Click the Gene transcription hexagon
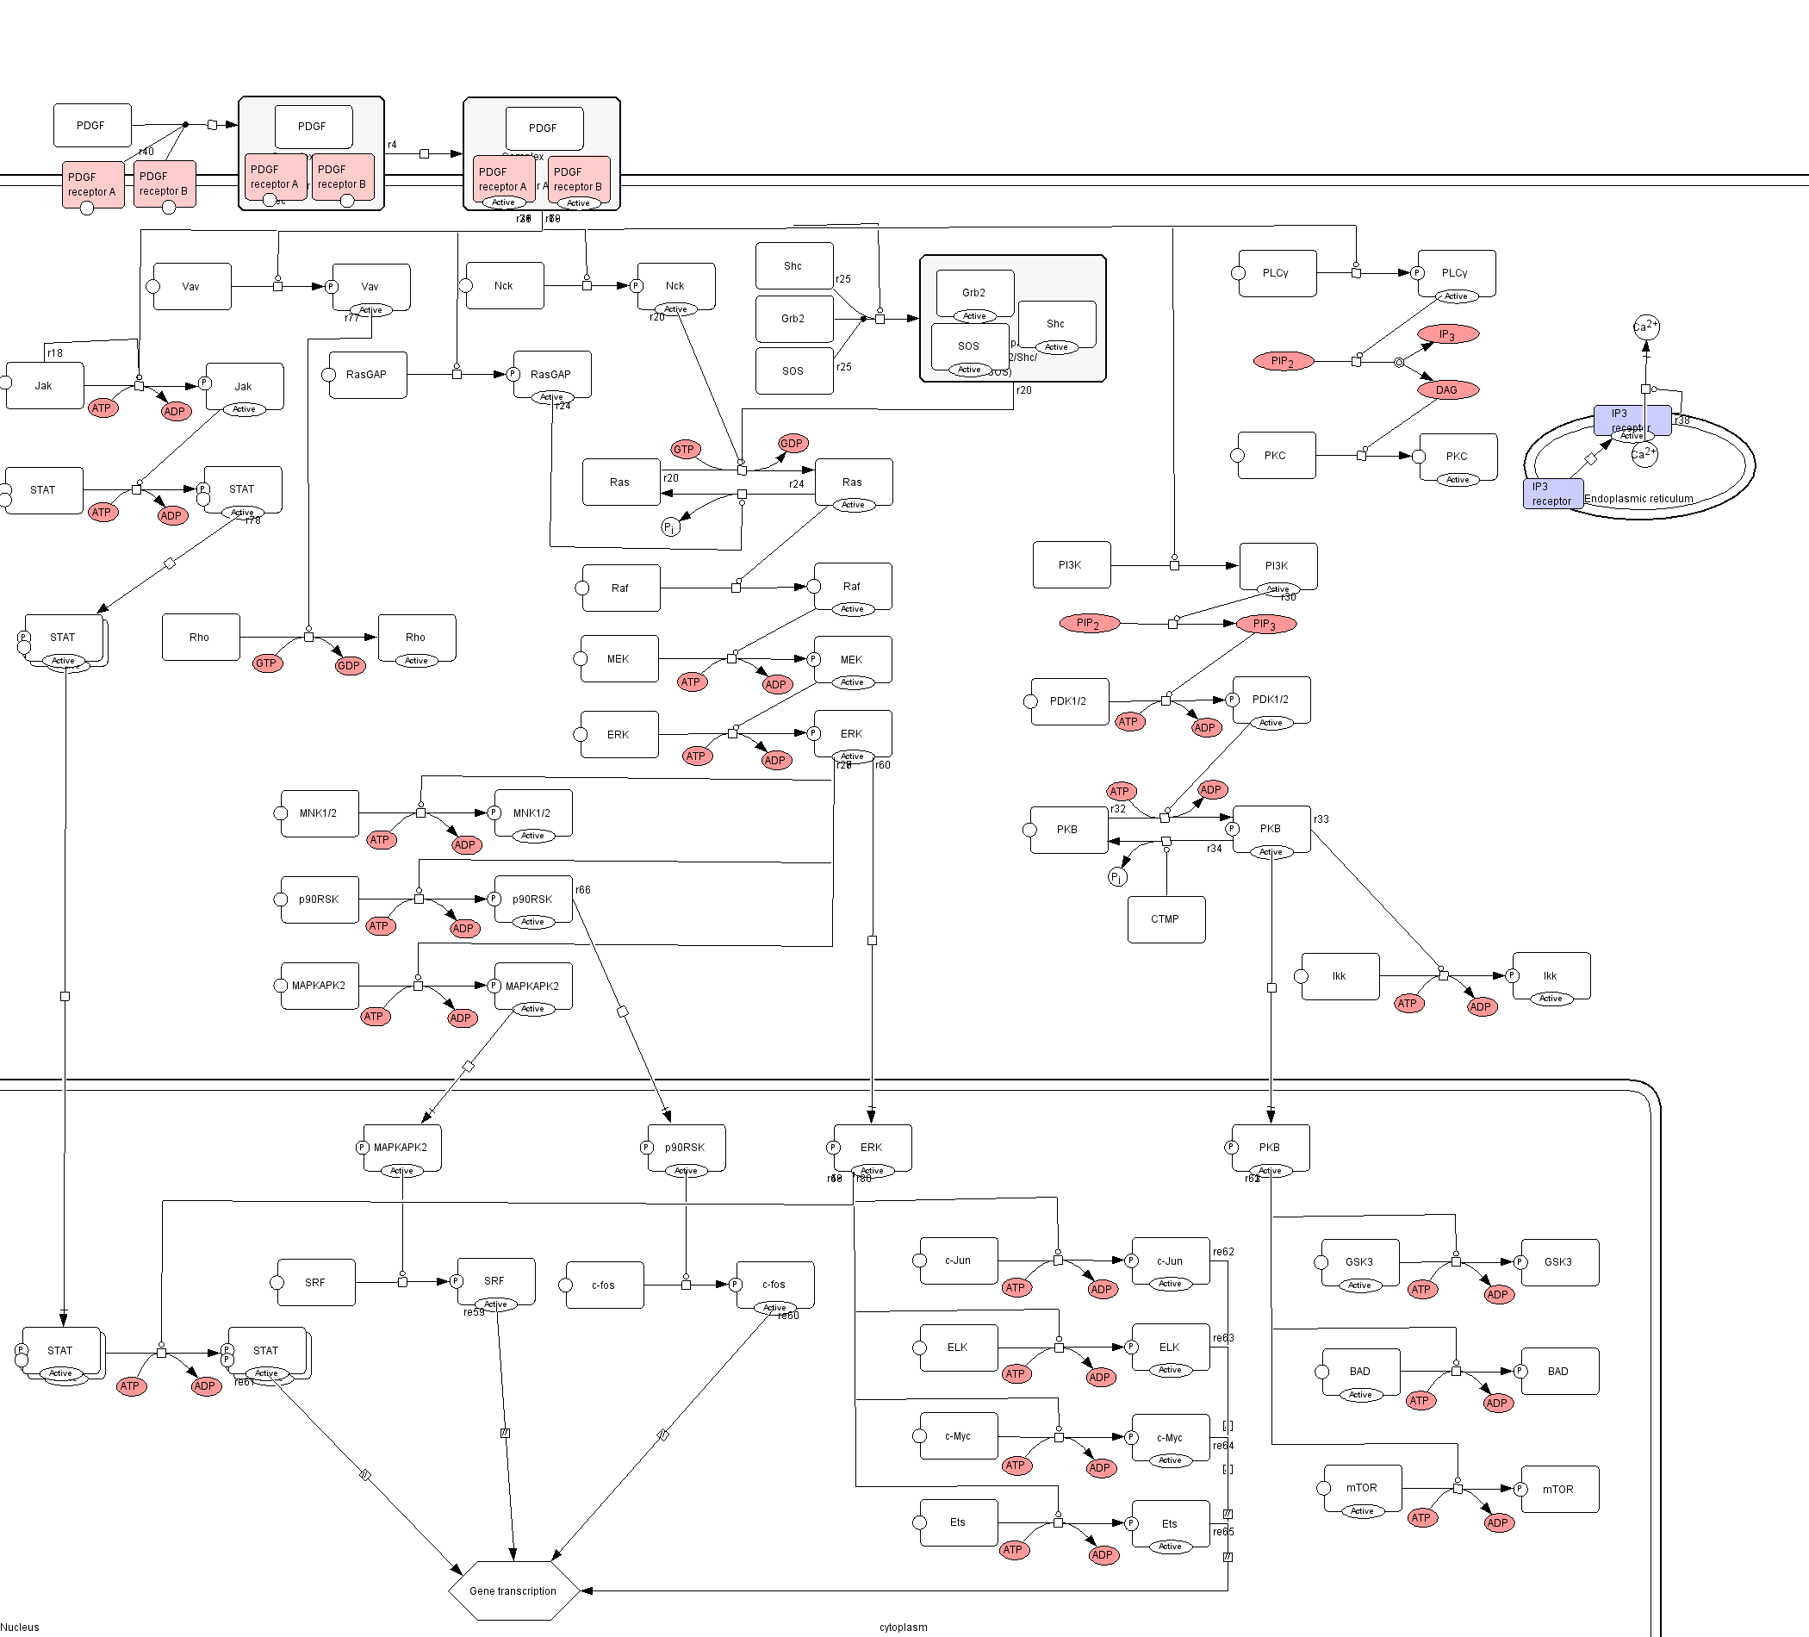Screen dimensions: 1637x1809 [513, 1590]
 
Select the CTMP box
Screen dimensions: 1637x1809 [1166, 919]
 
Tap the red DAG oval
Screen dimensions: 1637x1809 [1447, 389]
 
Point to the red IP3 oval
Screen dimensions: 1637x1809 [1447, 334]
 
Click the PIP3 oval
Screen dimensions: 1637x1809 [1265, 624]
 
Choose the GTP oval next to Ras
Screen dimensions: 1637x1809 [685, 449]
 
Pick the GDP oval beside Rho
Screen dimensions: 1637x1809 [349, 665]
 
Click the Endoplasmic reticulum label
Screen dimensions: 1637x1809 [1638, 498]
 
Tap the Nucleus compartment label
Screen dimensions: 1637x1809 [20, 1628]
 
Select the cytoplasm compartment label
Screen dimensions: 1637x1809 [903, 1628]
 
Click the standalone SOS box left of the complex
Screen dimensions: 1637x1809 [793, 370]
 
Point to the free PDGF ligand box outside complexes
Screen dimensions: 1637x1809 [91, 126]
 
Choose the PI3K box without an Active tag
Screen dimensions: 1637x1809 [1071, 565]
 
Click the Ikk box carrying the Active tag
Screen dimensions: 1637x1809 [1551, 975]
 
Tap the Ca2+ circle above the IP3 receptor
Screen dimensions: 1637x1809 [1645, 327]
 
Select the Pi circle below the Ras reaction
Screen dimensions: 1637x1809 [670, 527]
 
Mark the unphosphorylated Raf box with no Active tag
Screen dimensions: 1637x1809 [620, 588]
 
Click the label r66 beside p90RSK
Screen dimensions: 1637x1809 [583, 889]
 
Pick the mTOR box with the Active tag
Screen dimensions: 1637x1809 [1362, 1488]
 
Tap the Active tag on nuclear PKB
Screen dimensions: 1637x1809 [1271, 1170]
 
